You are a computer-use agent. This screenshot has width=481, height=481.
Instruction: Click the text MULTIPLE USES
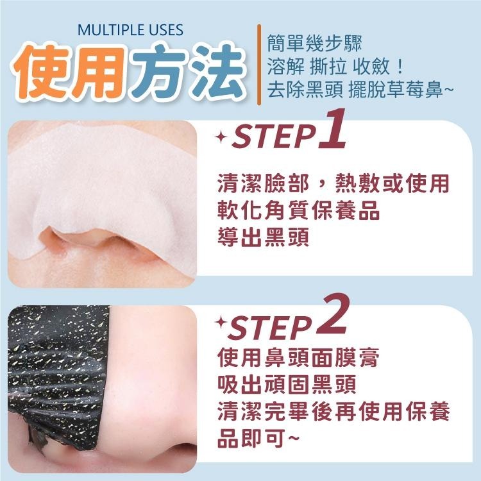click(x=130, y=30)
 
